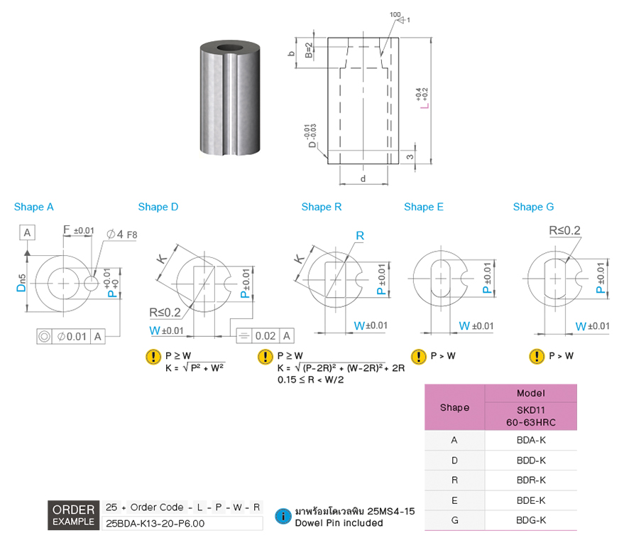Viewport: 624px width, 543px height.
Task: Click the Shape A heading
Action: click(33, 207)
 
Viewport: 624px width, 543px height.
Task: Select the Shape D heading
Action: click(158, 207)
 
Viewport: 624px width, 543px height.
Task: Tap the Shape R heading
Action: click(322, 207)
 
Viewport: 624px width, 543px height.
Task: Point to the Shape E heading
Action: click(424, 207)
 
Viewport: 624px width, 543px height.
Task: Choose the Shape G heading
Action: click(533, 207)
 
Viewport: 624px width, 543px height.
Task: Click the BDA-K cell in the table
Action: click(531, 440)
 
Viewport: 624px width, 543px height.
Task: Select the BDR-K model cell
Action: click(531, 480)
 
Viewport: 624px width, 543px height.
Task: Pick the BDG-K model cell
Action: click(531, 520)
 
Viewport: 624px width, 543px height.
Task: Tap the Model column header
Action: click(531, 393)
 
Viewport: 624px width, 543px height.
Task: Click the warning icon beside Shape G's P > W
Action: click(537, 356)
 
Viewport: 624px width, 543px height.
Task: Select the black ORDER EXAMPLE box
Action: click(73, 515)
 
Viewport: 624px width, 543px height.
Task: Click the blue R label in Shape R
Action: click(360, 235)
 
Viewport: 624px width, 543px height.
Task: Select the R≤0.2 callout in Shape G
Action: click(564, 230)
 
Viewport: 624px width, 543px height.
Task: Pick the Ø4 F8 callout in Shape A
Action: click(121, 234)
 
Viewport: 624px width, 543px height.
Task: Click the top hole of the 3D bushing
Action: click(231, 50)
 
